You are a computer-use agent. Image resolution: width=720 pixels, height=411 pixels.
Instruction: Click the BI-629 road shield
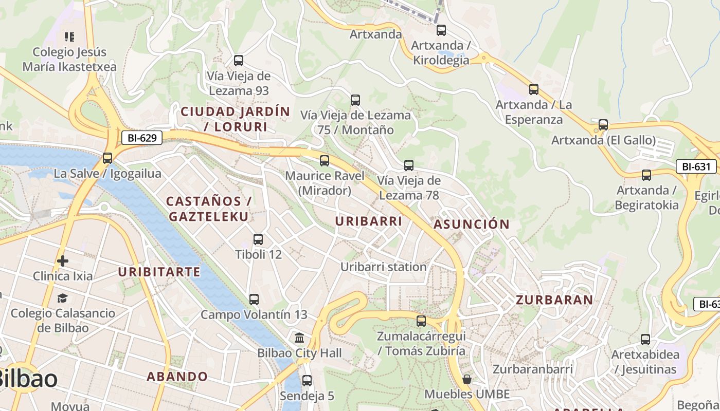coord(142,138)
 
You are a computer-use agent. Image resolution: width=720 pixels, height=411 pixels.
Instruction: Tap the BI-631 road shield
coord(696,166)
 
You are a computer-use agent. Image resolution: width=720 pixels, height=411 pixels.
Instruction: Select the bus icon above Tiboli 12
coord(258,239)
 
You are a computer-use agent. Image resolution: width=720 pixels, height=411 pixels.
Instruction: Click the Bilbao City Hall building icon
coord(299,338)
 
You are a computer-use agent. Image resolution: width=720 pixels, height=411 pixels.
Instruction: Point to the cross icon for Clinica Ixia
coord(63,261)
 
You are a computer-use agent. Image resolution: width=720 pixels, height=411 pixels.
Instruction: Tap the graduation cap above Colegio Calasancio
coord(63,298)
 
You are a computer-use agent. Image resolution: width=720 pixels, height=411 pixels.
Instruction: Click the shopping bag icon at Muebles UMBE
coord(467,380)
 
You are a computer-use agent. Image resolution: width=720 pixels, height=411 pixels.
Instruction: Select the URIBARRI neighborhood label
coord(368,221)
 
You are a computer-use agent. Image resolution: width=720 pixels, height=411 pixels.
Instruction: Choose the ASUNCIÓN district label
coord(471,224)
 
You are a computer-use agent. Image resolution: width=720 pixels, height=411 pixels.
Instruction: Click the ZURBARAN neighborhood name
coord(554,300)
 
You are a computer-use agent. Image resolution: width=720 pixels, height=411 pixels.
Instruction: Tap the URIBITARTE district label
coord(159,272)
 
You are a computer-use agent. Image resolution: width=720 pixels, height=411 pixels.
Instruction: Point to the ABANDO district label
coord(177,377)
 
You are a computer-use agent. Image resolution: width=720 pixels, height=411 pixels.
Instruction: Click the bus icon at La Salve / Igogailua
coord(107,158)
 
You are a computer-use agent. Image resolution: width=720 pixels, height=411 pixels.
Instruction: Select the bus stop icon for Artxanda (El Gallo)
coord(603,125)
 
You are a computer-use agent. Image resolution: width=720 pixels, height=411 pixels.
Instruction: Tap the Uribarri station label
coord(383,267)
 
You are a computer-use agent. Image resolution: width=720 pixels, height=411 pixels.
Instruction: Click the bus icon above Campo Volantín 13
coord(254,300)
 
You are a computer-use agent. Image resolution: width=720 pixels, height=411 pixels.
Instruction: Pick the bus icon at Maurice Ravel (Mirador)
coord(325,161)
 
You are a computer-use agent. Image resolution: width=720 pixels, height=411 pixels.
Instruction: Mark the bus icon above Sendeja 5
coord(307,381)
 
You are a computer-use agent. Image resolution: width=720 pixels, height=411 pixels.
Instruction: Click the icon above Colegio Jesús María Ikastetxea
coord(69,37)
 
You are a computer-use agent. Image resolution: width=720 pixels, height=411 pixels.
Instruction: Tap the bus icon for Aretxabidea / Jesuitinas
coord(645,340)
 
